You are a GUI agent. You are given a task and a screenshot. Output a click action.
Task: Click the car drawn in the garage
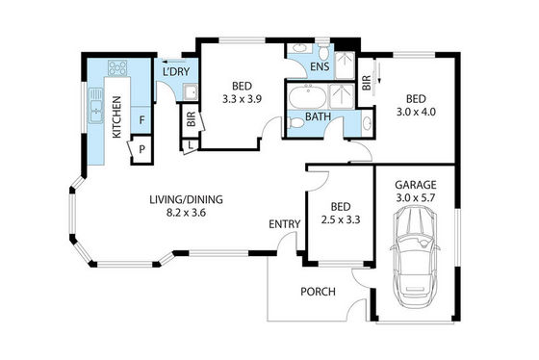(415, 257)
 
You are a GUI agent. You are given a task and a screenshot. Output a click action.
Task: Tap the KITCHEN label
(116, 117)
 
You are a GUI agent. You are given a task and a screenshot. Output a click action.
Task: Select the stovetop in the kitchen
(117, 67)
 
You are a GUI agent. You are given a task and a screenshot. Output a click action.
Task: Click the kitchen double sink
(96, 106)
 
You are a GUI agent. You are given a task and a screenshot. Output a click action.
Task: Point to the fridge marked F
(141, 120)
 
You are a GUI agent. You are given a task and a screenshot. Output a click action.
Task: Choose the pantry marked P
(142, 149)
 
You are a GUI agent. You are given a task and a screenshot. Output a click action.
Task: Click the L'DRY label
(176, 71)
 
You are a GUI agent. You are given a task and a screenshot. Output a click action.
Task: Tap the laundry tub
(191, 92)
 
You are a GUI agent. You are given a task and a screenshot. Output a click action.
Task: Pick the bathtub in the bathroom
(308, 97)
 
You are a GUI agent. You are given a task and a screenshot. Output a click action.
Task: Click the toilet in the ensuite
(322, 52)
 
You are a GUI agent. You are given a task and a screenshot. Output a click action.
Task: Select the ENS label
(320, 66)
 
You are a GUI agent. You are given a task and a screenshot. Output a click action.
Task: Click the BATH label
(318, 116)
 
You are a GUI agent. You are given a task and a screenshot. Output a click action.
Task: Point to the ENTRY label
(285, 224)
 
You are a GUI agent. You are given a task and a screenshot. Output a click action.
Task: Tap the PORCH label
(318, 292)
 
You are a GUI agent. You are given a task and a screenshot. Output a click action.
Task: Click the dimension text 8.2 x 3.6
(186, 213)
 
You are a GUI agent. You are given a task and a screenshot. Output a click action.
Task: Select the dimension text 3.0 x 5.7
(416, 198)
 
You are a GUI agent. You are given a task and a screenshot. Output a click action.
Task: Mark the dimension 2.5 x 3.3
(341, 219)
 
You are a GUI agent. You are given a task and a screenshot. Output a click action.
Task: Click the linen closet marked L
(191, 145)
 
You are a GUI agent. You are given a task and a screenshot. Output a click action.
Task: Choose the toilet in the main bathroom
(295, 123)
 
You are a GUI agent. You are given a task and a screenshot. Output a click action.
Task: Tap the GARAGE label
(416, 185)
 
